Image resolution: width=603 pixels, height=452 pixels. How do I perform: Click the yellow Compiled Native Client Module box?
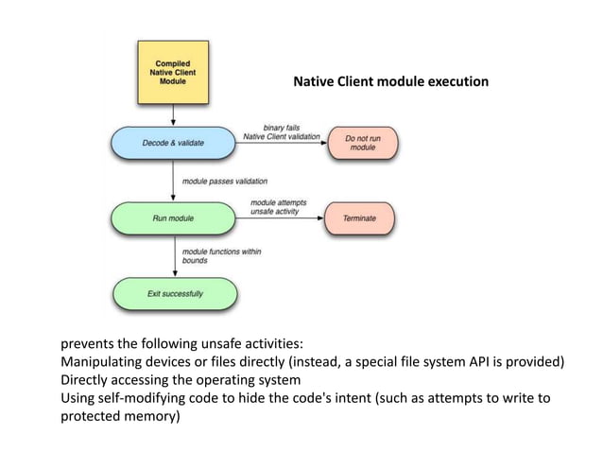pos(173,71)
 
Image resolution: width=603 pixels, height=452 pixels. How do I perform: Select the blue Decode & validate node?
pos(173,142)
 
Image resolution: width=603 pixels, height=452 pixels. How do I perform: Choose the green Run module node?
pos(173,218)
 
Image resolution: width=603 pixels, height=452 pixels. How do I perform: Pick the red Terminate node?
pos(358,218)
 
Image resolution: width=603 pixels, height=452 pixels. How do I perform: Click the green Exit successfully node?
pos(174,293)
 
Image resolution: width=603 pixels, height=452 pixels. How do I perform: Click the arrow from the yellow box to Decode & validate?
pos(173,114)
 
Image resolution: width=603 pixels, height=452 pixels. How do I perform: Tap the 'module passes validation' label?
pos(225,180)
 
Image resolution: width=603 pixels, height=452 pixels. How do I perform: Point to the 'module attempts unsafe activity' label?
pos(277,207)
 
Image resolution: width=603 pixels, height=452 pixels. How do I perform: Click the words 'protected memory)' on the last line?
pos(120,416)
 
